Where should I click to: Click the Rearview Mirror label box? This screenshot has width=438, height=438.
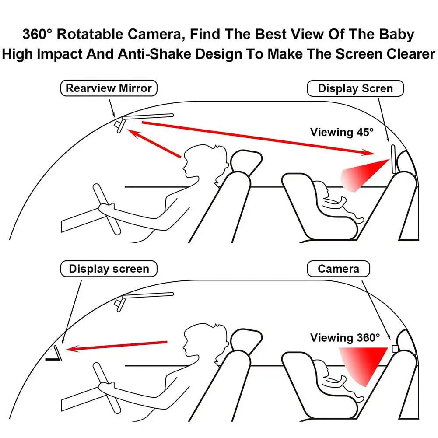coord(108,88)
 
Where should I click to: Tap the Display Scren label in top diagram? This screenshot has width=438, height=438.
coord(355,89)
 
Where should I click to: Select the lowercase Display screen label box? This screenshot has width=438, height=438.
coord(109,269)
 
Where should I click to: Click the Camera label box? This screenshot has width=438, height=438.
coord(338,269)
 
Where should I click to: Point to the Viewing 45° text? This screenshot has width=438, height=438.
coord(342,132)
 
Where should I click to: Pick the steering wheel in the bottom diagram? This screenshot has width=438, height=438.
coord(107,387)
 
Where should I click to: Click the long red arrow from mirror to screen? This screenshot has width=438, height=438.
coord(258,138)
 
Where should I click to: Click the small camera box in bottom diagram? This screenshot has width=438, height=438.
coord(394,348)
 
